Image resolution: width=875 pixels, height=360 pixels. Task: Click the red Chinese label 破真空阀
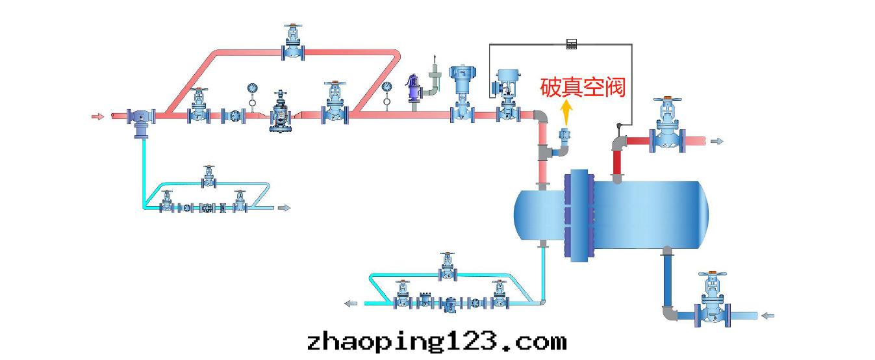click(x=583, y=87)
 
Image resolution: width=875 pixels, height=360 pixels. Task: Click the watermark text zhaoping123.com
click(x=437, y=341)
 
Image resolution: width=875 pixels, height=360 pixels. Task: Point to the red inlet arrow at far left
click(x=97, y=117)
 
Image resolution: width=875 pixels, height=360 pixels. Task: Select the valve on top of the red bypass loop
click(x=293, y=44)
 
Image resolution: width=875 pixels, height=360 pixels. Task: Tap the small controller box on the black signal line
click(x=572, y=44)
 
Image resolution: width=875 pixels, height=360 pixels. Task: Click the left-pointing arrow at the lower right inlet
click(x=768, y=316)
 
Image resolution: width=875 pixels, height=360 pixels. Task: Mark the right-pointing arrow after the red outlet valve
click(x=716, y=141)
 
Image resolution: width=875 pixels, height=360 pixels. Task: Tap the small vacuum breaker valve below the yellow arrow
click(x=564, y=136)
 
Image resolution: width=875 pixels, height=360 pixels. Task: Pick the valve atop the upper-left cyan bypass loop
click(x=209, y=176)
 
